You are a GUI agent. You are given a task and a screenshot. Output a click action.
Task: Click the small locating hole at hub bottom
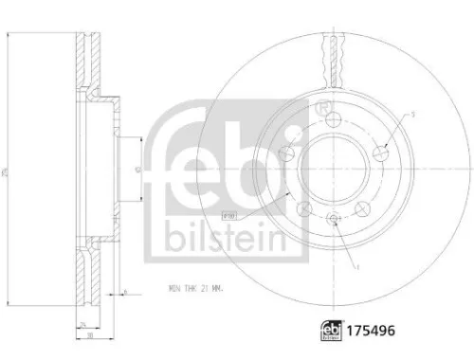click(335, 219)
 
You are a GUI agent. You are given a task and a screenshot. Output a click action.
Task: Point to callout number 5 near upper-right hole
click(413, 115)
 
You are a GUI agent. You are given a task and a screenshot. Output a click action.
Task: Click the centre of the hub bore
click(335, 169)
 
